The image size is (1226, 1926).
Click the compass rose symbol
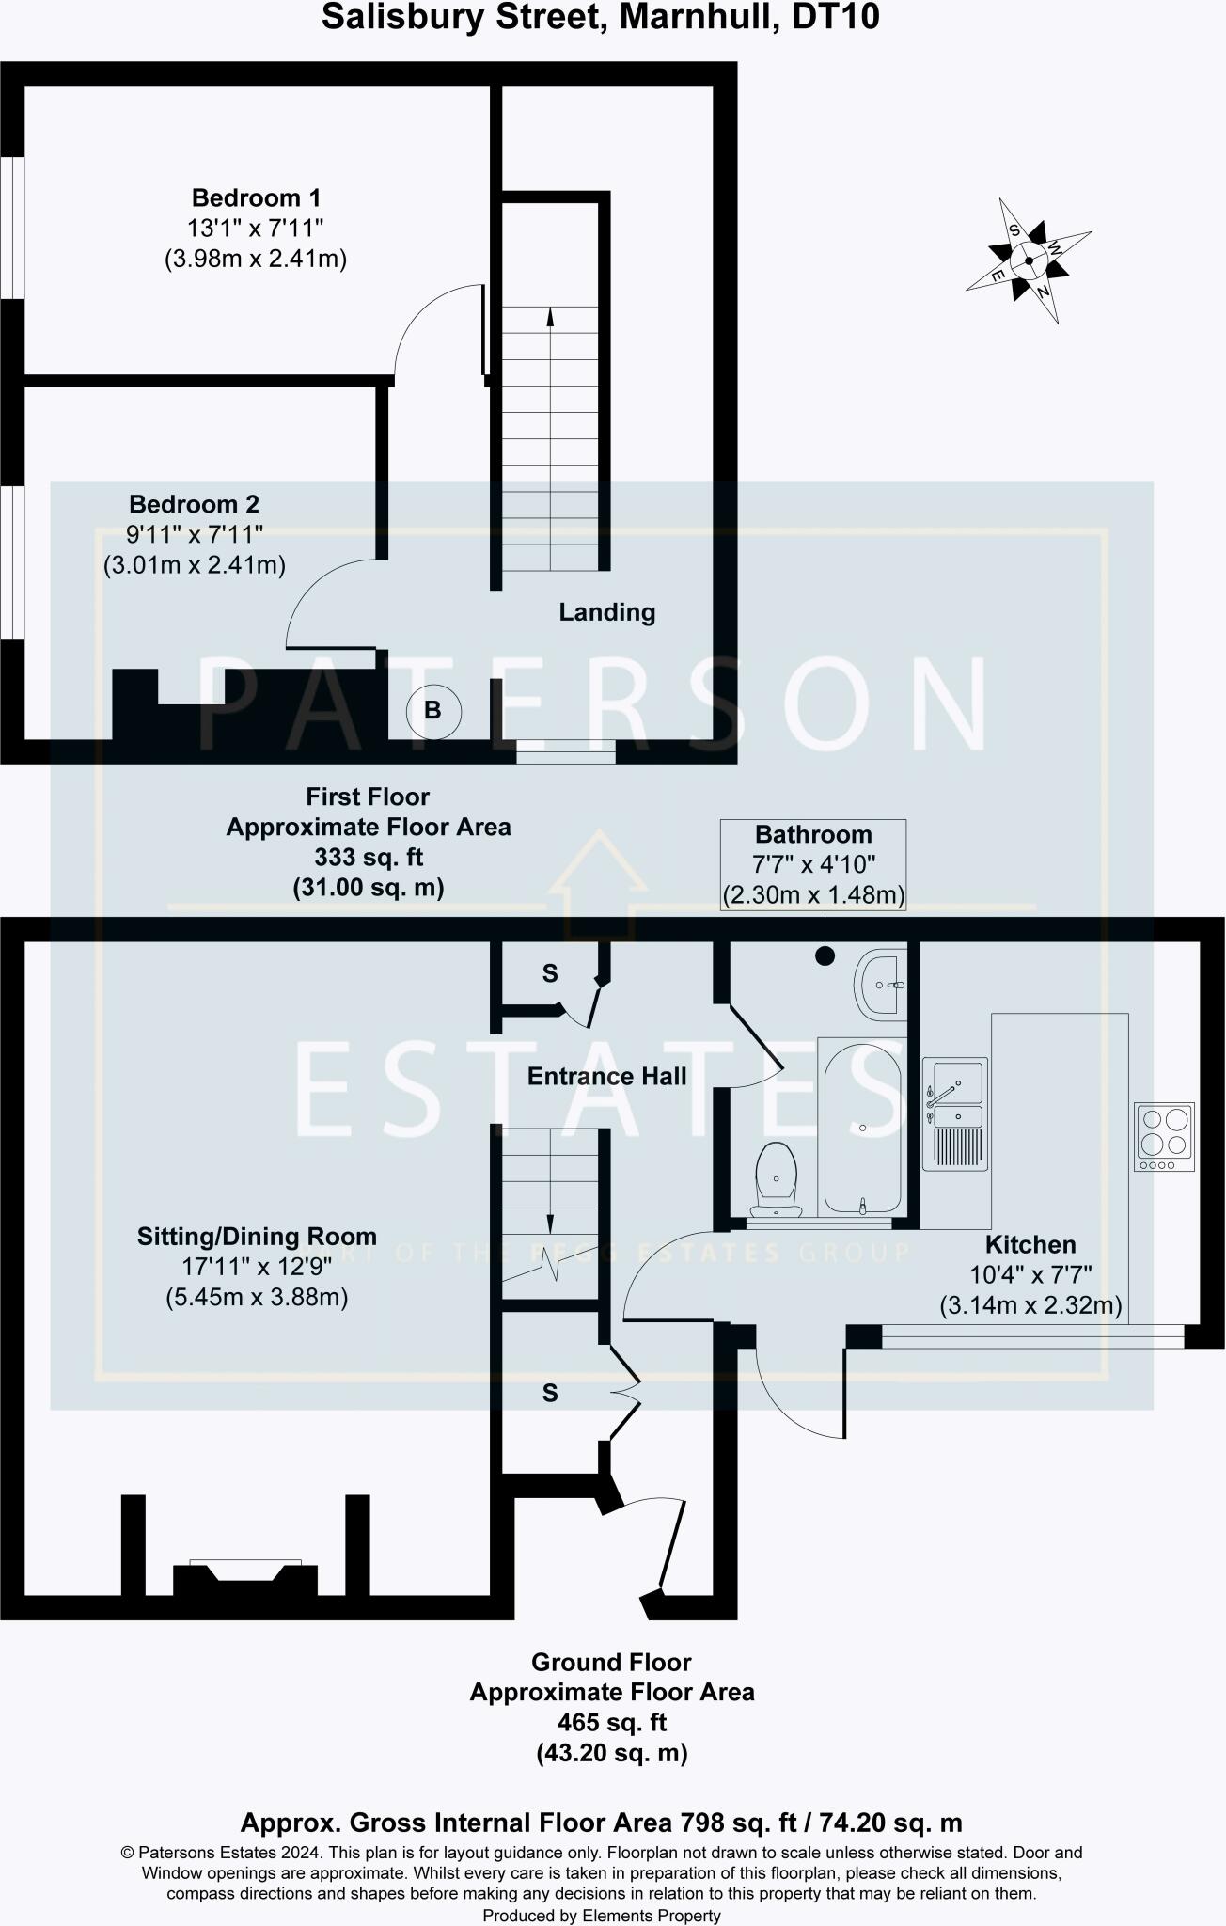pyautogui.click(x=1029, y=260)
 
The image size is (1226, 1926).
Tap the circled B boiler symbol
pyautogui.click(x=433, y=710)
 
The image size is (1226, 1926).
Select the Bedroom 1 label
pyautogui.click(x=256, y=198)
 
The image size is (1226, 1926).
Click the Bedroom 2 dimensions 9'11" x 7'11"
pyautogui.click(x=194, y=535)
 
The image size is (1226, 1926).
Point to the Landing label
pyautogui.click(x=606, y=612)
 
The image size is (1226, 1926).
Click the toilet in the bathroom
pyautogui.click(x=777, y=1176)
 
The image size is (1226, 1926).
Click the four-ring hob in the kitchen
pyautogui.click(x=1164, y=1136)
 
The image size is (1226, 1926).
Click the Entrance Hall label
pyautogui.click(x=606, y=1077)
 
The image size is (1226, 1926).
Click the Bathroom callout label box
pyautogui.click(x=813, y=864)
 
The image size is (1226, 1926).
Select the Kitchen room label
pyautogui.click(x=1030, y=1245)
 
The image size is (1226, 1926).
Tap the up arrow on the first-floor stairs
pyautogui.click(x=550, y=320)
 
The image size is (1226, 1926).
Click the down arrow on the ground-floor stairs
pyautogui.click(x=550, y=1223)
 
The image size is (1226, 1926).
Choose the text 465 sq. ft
pyautogui.click(x=612, y=1723)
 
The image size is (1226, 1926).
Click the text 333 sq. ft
pyautogui.click(x=369, y=858)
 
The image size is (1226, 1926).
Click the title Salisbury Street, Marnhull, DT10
pyautogui.click(x=600, y=18)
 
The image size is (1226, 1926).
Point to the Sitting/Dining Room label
pyautogui.click(x=256, y=1237)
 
